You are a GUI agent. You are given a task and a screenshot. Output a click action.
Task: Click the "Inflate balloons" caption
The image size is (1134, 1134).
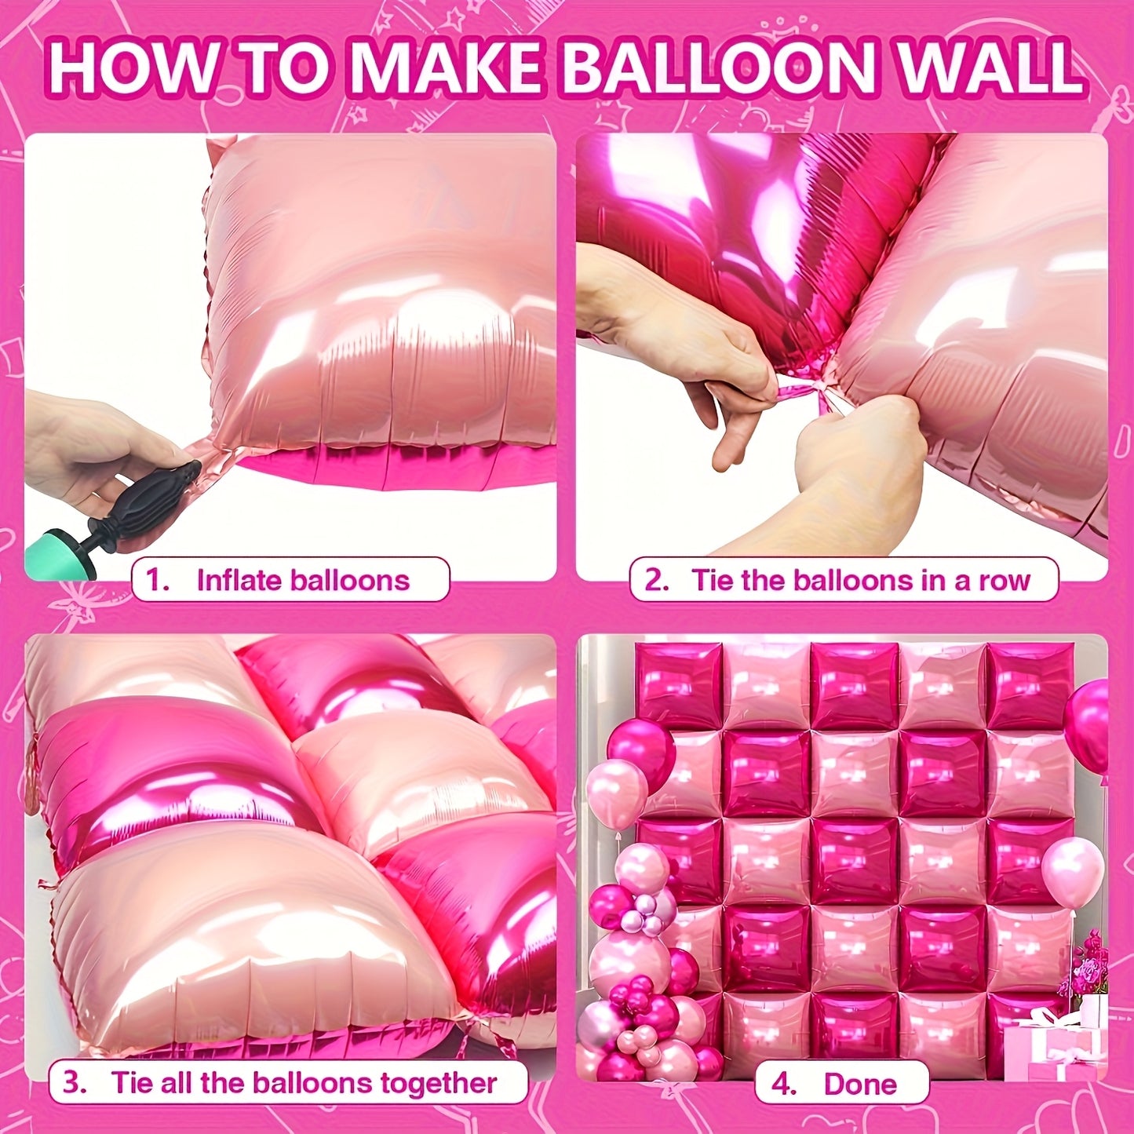point(303,580)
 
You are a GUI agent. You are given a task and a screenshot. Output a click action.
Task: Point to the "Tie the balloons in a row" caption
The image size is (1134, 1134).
point(860,580)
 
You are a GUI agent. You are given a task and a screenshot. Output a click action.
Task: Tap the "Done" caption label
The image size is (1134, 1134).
point(859,1084)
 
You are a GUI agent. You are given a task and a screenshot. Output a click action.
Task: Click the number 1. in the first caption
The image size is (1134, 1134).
point(159,580)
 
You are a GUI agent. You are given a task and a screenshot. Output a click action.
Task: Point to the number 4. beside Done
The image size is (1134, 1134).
point(783,1084)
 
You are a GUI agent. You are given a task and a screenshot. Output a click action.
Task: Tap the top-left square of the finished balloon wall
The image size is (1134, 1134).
point(680,685)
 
